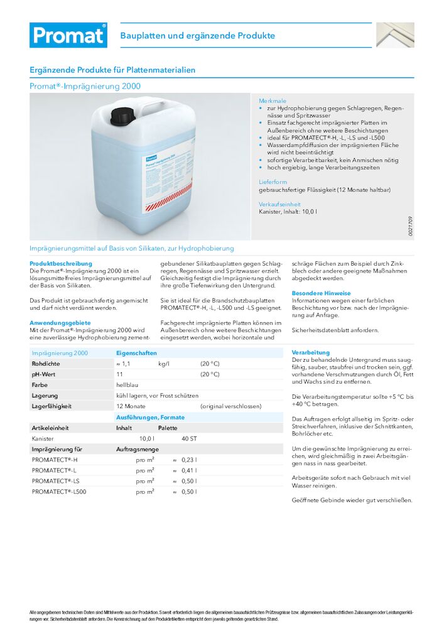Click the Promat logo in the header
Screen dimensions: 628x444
(68, 35)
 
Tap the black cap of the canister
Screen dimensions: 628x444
(123, 115)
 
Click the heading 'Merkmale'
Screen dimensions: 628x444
(273, 100)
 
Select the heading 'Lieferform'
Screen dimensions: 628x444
(273, 181)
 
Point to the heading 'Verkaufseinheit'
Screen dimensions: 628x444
(279, 204)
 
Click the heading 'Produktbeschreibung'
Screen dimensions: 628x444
(61, 263)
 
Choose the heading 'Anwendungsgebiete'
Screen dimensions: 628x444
(60, 322)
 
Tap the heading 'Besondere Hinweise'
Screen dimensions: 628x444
(321, 293)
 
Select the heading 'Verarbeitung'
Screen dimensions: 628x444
(310, 352)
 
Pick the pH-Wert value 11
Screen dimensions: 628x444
(119, 374)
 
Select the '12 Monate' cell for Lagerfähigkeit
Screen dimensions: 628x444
(131, 406)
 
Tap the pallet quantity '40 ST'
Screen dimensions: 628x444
(189, 438)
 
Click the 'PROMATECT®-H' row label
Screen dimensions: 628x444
(55, 460)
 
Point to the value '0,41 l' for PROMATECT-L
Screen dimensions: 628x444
(189, 470)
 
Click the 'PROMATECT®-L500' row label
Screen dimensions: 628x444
(59, 492)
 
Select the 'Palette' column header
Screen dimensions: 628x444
(168, 428)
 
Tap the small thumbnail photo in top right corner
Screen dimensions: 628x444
(395, 35)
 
